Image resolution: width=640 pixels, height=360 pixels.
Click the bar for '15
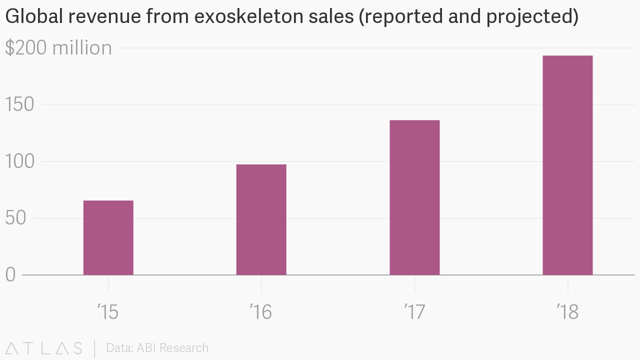108,237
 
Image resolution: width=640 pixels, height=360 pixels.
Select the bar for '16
261,219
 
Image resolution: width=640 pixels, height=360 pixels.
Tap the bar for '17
414,197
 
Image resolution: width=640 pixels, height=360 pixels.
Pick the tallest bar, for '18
567,165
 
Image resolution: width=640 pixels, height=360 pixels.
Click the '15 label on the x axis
108,312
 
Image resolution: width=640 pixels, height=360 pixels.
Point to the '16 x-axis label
261,312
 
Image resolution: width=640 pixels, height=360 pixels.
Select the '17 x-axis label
414,312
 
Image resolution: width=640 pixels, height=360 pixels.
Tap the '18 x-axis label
567,312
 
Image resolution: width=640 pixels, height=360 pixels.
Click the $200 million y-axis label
58,48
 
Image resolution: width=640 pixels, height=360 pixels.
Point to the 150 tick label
19,105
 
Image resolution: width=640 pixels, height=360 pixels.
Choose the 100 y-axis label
19,161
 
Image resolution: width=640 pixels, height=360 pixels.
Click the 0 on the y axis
10,274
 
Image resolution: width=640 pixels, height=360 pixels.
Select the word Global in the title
33,17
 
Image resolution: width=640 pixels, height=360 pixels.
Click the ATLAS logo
44,348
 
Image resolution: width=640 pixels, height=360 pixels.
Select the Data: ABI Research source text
157,348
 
